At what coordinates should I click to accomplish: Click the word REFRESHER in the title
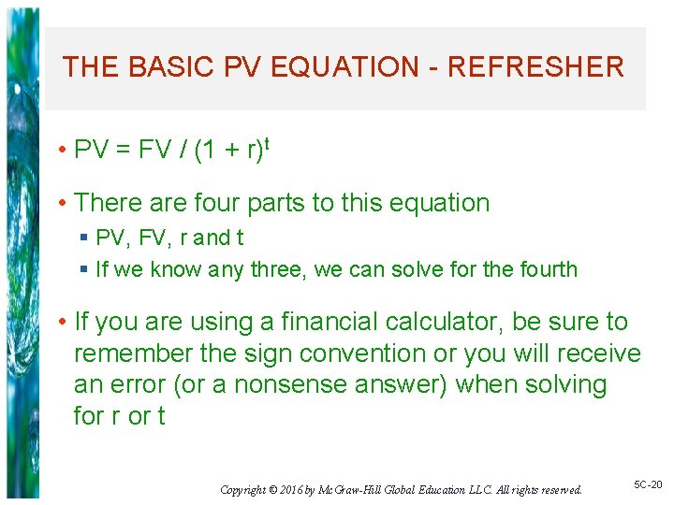[x=535, y=67]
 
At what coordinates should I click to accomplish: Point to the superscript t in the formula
[x=268, y=143]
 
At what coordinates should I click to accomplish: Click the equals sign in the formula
[x=124, y=151]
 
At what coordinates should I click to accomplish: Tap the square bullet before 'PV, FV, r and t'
[x=84, y=238]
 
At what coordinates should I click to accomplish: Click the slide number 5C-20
[x=647, y=484]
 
